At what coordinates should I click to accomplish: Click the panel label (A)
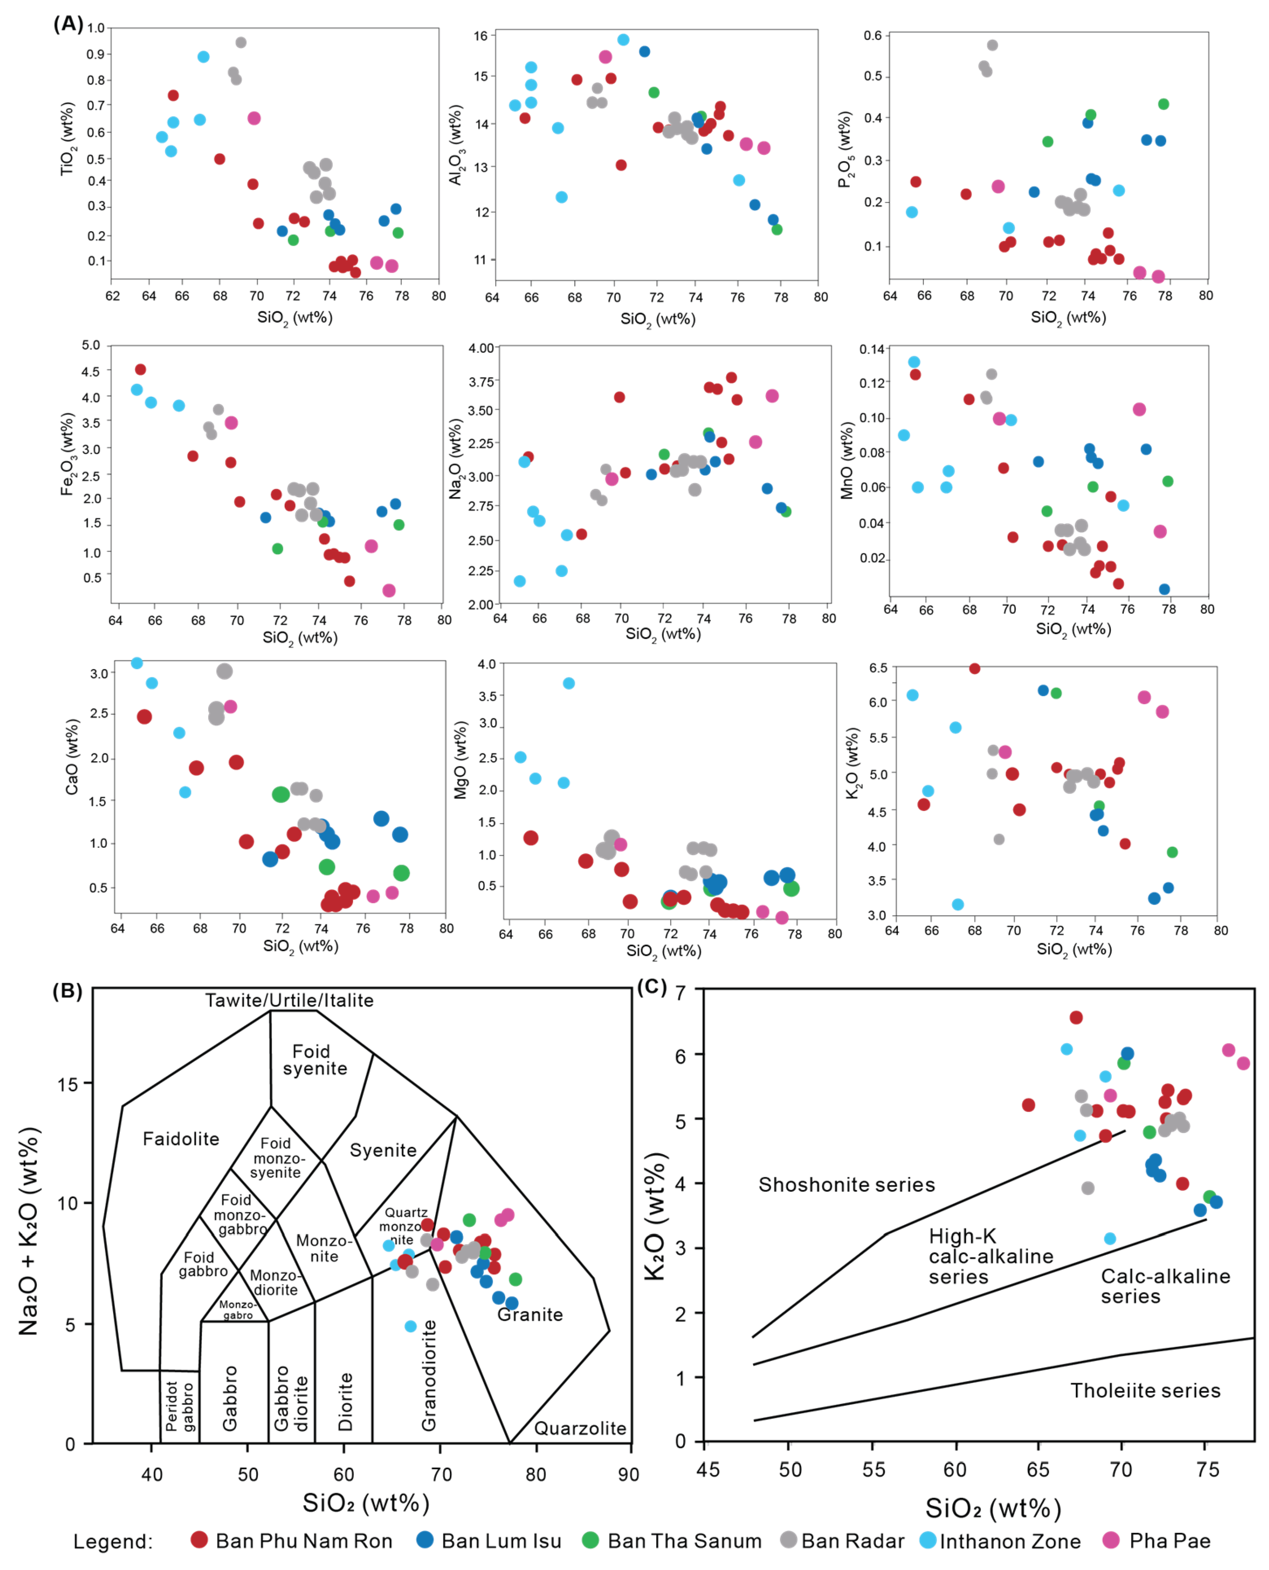pyautogui.click(x=68, y=24)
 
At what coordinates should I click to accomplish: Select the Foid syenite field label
pyautogui.click(x=314, y=1059)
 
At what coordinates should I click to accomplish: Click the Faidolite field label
pyautogui.click(x=181, y=1139)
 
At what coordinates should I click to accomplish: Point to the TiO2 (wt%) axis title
pyautogui.click(x=67, y=138)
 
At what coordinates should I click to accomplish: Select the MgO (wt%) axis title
pyautogui.click(x=461, y=760)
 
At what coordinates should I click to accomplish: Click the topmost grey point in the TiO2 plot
pyautogui.click(x=241, y=42)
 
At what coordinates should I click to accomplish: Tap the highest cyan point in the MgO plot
pyautogui.click(x=569, y=683)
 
